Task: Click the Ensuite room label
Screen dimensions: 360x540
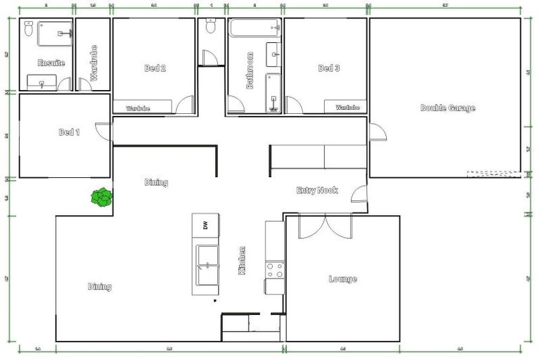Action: (51, 63)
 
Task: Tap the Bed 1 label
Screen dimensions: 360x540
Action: (69, 132)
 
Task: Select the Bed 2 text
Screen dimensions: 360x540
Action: (155, 68)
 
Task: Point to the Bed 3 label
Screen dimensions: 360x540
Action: (329, 68)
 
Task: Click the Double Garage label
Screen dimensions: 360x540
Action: (447, 108)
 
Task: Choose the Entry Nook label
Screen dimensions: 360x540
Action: (317, 191)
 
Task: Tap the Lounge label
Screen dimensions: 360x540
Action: (342, 279)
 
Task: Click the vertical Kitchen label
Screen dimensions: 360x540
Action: (243, 260)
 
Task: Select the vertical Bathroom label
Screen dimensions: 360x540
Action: (250, 70)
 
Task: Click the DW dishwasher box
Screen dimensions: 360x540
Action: (205, 226)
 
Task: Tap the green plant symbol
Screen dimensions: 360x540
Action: (103, 197)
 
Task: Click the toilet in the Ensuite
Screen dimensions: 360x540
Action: (29, 30)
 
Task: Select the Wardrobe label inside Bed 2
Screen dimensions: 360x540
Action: (138, 108)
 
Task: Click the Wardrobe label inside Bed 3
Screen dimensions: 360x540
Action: (347, 108)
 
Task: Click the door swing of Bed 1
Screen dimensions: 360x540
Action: (103, 131)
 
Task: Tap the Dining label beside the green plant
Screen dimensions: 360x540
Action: (156, 183)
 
